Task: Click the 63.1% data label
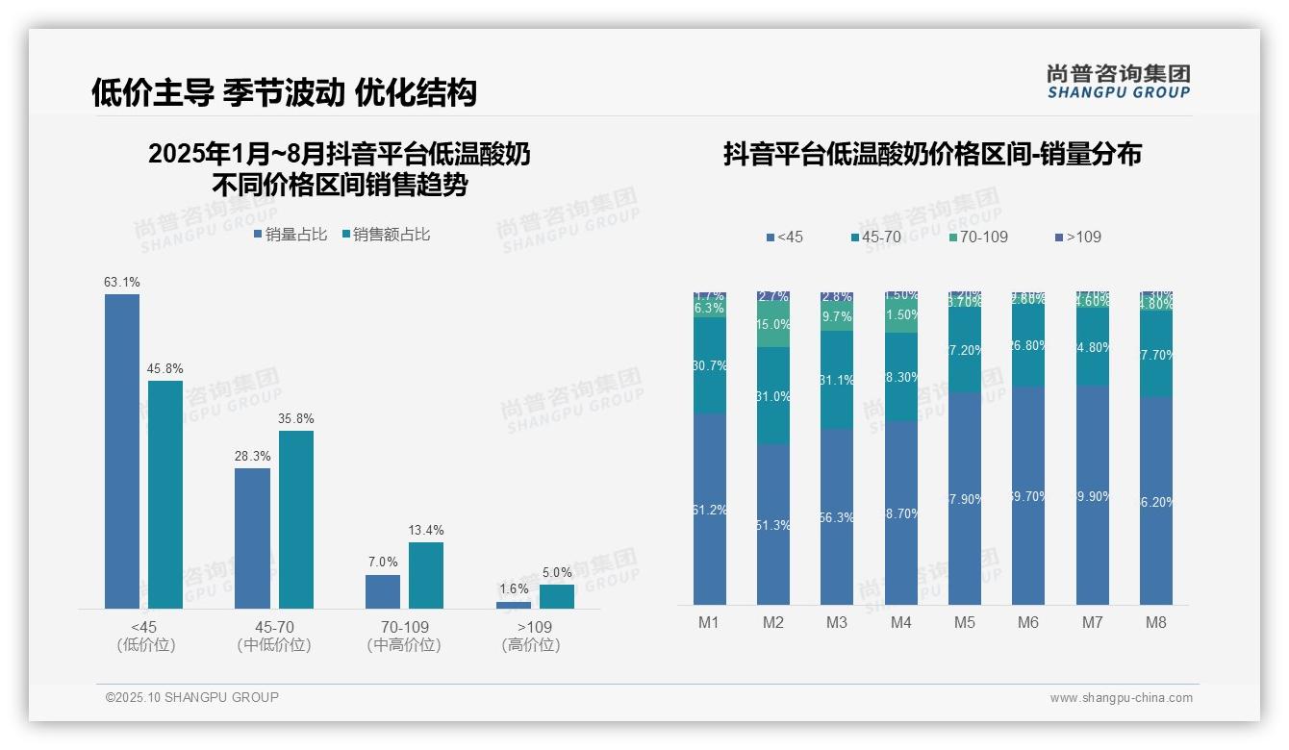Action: coord(122,283)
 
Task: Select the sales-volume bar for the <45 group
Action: coord(122,451)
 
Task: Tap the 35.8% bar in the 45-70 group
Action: coord(296,519)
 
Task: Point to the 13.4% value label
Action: coord(426,531)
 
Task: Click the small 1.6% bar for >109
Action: coord(514,605)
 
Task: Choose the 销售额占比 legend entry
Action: coord(387,235)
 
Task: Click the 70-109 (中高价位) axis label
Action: coord(404,636)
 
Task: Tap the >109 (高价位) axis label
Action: coord(531,636)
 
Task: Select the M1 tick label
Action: coord(709,622)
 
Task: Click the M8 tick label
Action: coord(1156,622)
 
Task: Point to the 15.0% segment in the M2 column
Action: coord(773,325)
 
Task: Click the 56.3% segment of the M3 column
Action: coord(837,516)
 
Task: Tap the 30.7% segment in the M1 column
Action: coord(710,365)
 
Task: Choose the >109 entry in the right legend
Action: coord(1078,237)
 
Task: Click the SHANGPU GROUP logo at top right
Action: coord(1119,82)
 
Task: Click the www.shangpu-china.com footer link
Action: coord(1121,698)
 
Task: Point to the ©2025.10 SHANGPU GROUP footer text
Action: coord(192,697)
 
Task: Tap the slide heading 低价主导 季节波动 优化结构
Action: coord(284,92)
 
